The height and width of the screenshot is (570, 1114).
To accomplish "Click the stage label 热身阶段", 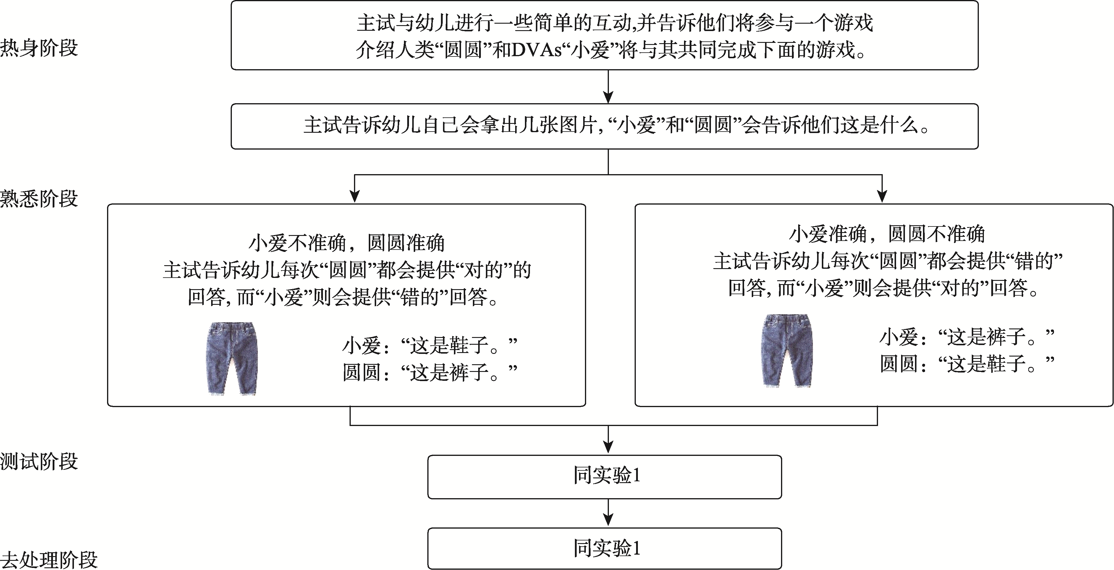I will pos(39,48).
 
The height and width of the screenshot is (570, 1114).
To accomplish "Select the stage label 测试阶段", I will pos(39,461).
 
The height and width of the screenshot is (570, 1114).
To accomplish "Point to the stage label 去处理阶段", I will pos(49,560).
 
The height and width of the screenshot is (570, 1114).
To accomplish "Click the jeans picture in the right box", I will pos(786,350).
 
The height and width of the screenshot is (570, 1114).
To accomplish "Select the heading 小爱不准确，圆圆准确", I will pos(346,243).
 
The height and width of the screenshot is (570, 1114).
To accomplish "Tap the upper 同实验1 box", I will pos(604,477).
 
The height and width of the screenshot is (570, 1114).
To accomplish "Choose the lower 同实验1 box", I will pos(604,548).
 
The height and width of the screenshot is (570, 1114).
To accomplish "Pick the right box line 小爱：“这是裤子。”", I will pos(967,336).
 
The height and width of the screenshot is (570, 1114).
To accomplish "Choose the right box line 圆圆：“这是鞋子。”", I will pos(967,363).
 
